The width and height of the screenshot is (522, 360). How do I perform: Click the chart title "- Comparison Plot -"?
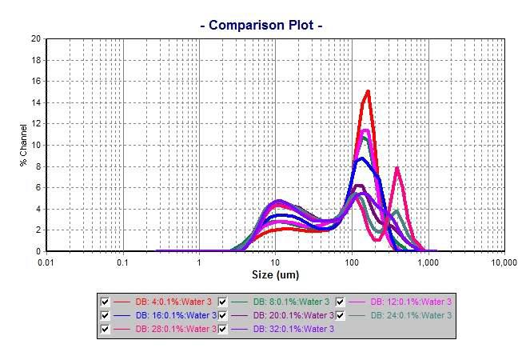[261, 26]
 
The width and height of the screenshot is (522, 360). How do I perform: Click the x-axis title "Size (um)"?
[276, 275]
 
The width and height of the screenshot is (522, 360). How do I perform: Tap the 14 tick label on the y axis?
[35, 102]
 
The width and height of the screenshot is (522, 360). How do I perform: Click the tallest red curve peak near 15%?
[368, 91]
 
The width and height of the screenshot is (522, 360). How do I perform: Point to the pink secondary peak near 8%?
[396, 167]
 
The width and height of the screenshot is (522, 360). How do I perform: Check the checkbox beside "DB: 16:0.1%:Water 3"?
[105, 315]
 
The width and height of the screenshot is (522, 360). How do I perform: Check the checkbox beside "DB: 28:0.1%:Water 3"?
[105, 329]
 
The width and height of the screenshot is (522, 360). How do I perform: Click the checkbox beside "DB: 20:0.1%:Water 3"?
[222, 315]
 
